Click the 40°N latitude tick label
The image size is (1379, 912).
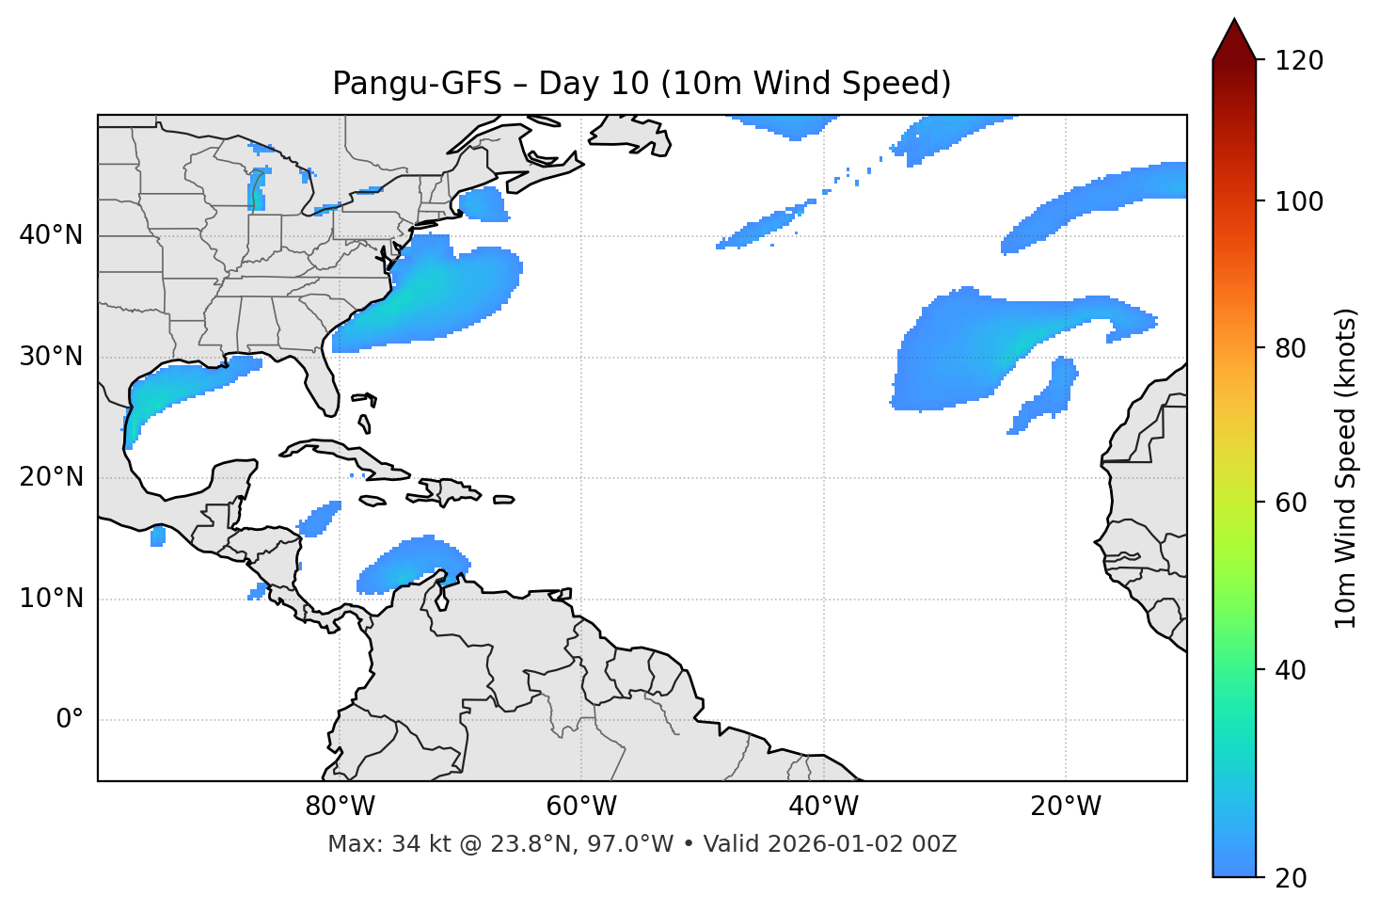pos(51,235)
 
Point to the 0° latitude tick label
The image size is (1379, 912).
pos(70,720)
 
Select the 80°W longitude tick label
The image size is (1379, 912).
pos(340,807)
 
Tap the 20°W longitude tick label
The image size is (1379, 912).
pos(1066,807)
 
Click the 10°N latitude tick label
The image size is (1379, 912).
pos(51,599)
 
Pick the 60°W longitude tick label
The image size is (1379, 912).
pos(581,807)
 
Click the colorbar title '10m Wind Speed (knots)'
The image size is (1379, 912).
pos(1346,469)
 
